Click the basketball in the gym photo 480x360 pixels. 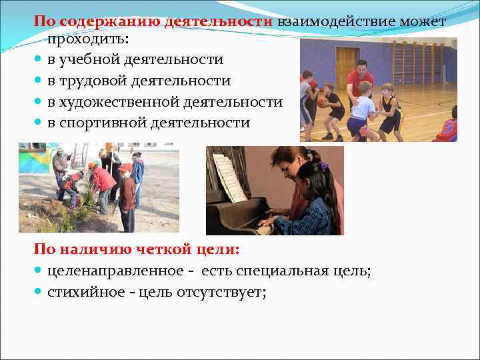pos(323,101)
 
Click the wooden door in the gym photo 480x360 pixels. pos(345,67)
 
